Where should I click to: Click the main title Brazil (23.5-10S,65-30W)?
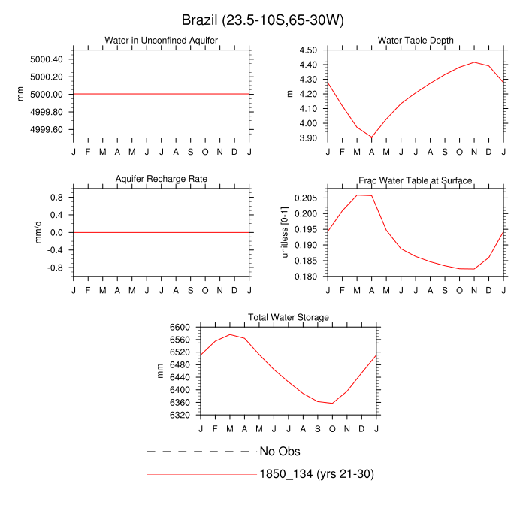(263, 20)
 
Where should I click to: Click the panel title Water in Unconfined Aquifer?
(161, 40)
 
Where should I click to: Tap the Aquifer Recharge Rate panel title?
(161, 179)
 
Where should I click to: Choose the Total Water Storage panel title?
(289, 318)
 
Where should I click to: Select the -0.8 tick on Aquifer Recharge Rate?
(56, 268)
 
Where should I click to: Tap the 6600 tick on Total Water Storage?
(180, 328)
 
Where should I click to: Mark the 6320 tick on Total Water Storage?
(180, 415)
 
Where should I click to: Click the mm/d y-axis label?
(36, 232)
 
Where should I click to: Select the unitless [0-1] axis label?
(285, 232)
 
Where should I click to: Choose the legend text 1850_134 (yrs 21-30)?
(316, 474)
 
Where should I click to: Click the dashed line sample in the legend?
(198, 452)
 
